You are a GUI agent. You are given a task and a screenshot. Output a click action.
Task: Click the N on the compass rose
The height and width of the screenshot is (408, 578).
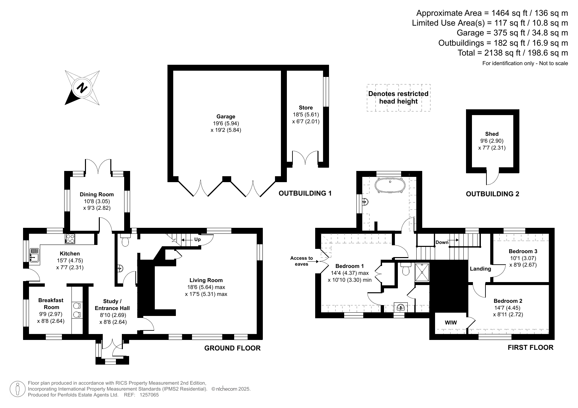[x=82, y=87]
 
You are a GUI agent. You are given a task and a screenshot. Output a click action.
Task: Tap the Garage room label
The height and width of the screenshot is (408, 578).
[x=226, y=116]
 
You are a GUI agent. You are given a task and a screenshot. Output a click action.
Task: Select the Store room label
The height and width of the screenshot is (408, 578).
[x=306, y=108]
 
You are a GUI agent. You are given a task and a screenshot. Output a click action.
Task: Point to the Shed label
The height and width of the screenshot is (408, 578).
[x=492, y=134]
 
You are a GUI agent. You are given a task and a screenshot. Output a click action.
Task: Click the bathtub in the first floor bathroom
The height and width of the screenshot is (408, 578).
[x=390, y=185]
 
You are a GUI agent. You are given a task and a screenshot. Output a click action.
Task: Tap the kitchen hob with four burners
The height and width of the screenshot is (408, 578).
[x=70, y=238]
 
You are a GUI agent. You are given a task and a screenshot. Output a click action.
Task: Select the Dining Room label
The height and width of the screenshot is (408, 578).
[x=97, y=194]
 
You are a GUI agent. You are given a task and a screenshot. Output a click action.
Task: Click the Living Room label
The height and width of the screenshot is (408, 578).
[x=206, y=280]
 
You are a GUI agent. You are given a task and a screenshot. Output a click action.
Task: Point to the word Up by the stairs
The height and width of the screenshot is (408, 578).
[x=197, y=239]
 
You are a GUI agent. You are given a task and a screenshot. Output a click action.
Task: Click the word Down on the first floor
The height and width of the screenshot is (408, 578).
[x=442, y=242]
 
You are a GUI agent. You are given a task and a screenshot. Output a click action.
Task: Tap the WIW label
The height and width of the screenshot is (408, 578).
[x=451, y=323]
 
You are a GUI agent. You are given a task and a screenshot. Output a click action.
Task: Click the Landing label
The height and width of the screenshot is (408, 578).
[x=480, y=269]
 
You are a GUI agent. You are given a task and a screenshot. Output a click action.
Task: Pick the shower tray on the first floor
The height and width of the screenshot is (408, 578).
[x=422, y=272]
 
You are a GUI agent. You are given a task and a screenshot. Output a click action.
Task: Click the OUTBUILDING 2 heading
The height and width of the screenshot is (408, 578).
[x=492, y=194]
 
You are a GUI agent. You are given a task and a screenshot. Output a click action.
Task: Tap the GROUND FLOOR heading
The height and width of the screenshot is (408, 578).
[x=233, y=348]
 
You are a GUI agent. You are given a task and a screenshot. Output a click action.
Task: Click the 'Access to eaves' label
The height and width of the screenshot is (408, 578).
[x=301, y=261]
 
